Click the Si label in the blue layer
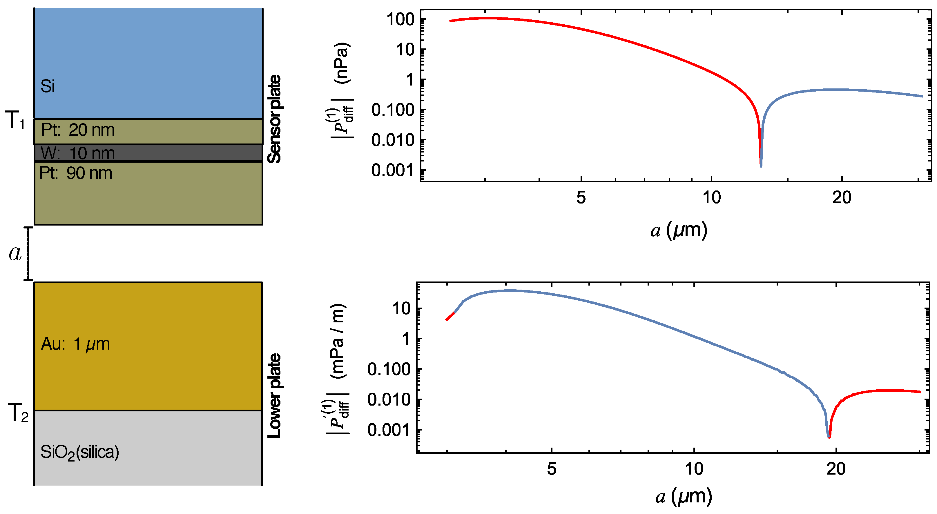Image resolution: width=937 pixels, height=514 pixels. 48,86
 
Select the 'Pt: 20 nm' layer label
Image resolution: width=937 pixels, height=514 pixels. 77,130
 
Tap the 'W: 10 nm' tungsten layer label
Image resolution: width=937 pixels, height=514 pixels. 77,153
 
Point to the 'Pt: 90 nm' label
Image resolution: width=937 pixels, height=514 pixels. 76,173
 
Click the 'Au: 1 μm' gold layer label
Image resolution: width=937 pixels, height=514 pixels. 75,344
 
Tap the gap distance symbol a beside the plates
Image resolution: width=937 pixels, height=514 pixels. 15,253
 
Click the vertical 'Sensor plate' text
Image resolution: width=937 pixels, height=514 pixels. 275,119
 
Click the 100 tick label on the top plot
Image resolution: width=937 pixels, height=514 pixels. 400,19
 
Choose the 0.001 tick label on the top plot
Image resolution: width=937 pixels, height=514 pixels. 393,170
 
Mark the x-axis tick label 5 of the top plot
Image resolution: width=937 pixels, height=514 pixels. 581,198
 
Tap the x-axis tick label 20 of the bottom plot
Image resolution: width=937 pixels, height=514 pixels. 836,469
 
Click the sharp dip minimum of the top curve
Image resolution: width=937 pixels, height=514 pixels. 761,166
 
